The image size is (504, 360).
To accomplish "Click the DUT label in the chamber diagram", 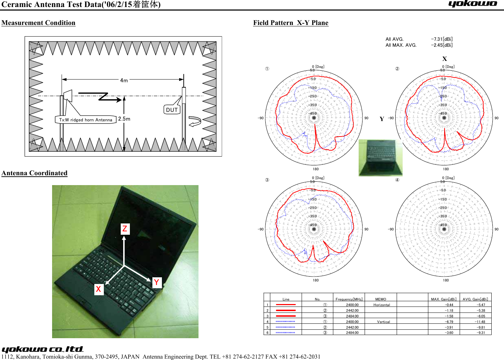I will coord(172,110).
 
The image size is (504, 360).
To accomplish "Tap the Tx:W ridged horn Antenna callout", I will coord(86,120).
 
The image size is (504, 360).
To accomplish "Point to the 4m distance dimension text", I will coord(124,80).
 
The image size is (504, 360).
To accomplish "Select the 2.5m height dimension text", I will coord(124,119).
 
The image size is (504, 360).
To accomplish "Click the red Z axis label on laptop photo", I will coord(125,229).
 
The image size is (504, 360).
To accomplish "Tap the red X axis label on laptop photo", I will coord(99,289).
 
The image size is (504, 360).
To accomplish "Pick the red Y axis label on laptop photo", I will coord(157,282).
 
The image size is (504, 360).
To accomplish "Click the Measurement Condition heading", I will coord(38,23).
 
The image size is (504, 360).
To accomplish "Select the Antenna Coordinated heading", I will coord(34,173).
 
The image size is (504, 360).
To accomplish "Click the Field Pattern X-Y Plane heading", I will coord(291,23).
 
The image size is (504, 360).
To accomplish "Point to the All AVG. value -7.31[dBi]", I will coord(442,39).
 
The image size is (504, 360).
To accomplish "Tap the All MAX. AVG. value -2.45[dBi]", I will coord(442,45).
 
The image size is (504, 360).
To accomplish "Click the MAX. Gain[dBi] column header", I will coord(443,299).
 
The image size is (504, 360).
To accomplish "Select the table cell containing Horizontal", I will coord(382,305).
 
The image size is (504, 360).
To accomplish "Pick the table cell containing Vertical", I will coord(383,322).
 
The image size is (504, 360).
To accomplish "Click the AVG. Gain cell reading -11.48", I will coord(480,322).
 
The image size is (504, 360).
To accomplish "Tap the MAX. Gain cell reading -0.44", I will coord(449,305).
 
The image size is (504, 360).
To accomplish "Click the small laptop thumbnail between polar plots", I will coord(380,158).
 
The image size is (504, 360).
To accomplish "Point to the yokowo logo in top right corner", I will coord(472,4).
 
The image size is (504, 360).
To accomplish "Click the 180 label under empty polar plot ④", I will coord(446,280).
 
